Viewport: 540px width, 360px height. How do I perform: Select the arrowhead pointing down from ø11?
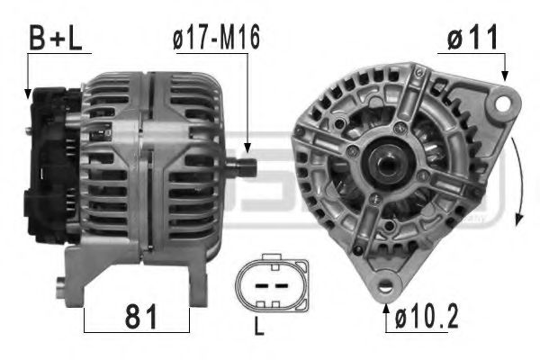[506, 79]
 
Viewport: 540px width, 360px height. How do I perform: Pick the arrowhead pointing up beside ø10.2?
[389, 309]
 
